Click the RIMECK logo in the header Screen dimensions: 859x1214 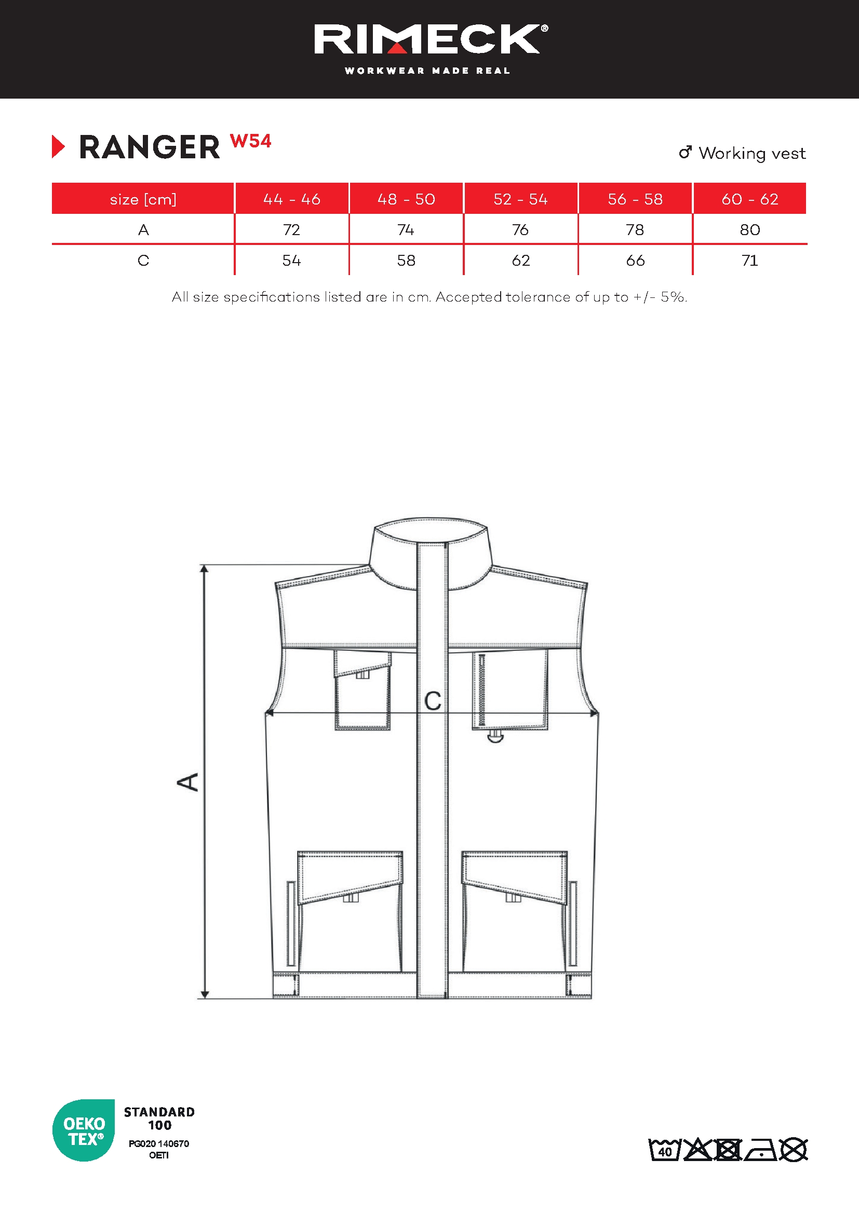(431, 39)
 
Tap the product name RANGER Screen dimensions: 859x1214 (149, 147)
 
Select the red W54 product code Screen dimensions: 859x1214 (251, 141)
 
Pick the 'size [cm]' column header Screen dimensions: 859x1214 (143, 199)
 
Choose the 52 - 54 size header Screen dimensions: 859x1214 (520, 199)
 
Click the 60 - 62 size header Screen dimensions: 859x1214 (749, 199)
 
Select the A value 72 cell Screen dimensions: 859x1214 (291, 230)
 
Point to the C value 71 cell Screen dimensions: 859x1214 (749, 261)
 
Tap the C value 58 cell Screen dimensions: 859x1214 (406, 261)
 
